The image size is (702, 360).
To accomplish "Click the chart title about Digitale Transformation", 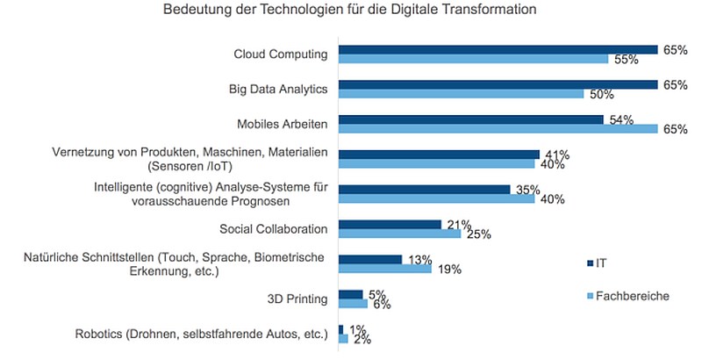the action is point(349,9).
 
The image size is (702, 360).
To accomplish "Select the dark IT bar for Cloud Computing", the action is point(498,50).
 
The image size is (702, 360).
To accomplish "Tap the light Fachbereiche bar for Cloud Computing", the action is point(473,59).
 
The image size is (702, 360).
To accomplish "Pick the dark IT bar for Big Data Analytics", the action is point(498,84).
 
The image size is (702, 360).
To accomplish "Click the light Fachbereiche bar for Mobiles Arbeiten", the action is point(498,129).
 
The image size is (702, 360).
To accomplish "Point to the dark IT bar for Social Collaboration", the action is point(390,224).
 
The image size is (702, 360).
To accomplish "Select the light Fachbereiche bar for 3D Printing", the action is point(353,304).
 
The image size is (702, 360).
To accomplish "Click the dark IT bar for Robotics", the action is point(340,329).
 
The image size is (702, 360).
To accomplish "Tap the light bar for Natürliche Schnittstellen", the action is point(385,269).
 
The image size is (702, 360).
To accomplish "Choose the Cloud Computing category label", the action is point(281,54).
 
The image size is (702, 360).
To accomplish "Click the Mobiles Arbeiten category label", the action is point(283,124).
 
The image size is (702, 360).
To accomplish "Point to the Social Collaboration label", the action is point(274,229).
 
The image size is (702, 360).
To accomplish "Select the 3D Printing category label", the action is point(297,299).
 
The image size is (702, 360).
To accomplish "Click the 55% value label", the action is point(626,60).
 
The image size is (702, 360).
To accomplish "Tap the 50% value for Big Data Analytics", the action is point(602,95).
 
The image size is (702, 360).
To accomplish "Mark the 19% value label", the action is point(449,270).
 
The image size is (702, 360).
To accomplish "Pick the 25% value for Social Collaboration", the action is point(479,234).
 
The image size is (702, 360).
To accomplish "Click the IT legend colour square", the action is point(590,263).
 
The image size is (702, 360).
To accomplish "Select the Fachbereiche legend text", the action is point(633,296).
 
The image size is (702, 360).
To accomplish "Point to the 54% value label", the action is point(621,120).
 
